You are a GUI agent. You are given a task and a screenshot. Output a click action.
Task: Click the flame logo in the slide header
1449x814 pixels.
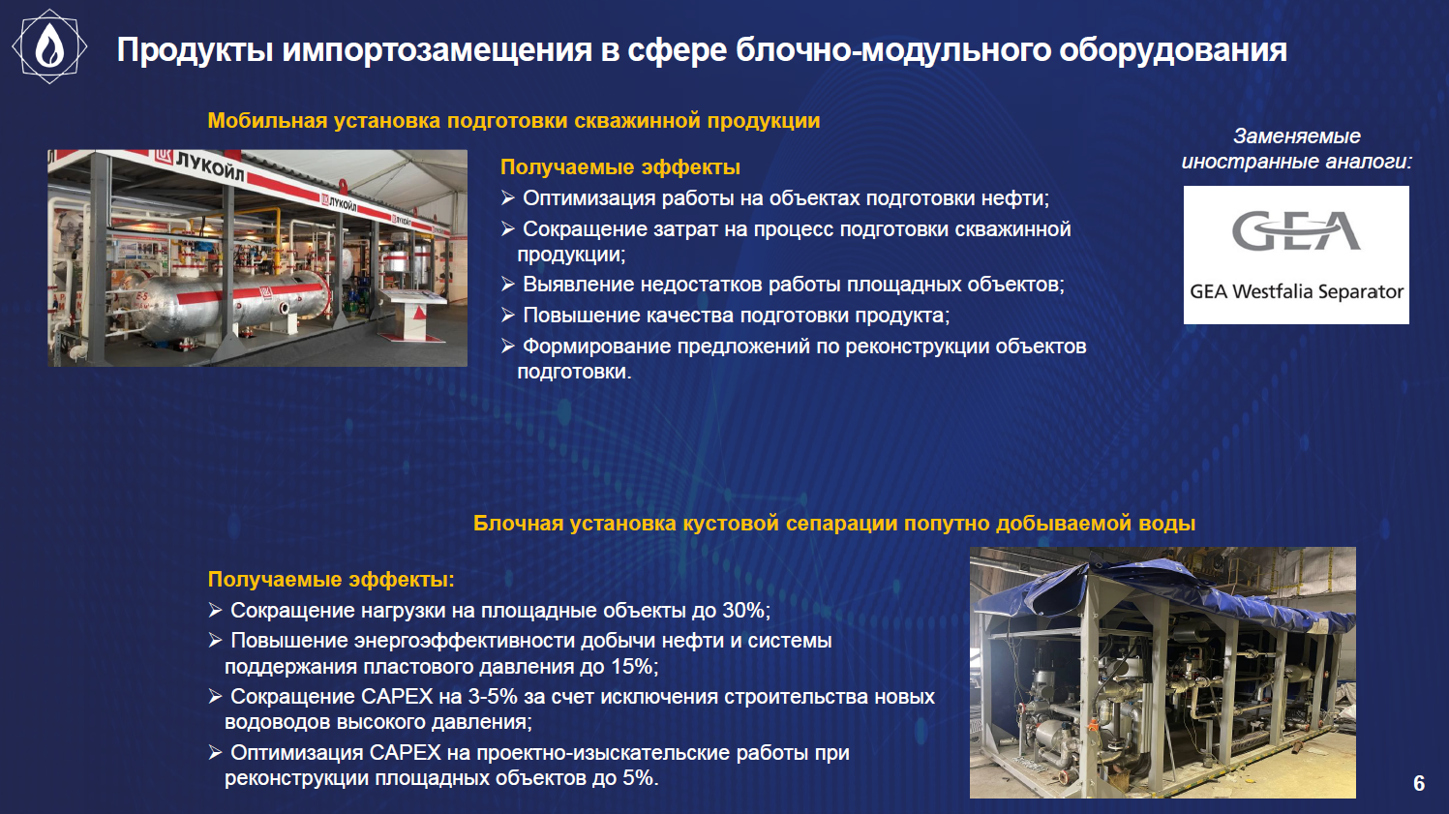click(49, 46)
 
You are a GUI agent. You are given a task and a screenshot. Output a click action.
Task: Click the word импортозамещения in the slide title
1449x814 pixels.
click(437, 49)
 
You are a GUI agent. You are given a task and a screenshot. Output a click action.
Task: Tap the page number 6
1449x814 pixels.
click(1419, 783)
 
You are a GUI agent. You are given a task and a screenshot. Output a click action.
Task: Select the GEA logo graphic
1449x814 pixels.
click(1296, 231)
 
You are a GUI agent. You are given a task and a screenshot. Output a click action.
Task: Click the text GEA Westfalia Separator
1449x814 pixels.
click(1296, 292)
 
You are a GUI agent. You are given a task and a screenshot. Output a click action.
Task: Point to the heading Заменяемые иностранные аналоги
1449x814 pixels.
click(1296, 148)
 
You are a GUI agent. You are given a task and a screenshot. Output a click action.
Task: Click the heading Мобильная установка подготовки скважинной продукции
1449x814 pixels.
click(514, 120)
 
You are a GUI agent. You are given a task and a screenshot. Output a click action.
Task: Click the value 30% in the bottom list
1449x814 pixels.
click(743, 610)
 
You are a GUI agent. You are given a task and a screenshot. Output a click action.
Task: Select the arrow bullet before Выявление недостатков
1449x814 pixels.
click(508, 284)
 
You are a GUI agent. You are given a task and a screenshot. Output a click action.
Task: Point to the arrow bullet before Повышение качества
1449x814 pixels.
click(508, 315)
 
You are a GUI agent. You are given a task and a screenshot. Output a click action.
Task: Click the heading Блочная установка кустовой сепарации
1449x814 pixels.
click(833, 523)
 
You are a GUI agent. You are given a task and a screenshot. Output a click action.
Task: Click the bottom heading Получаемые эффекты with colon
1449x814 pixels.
click(331, 579)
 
